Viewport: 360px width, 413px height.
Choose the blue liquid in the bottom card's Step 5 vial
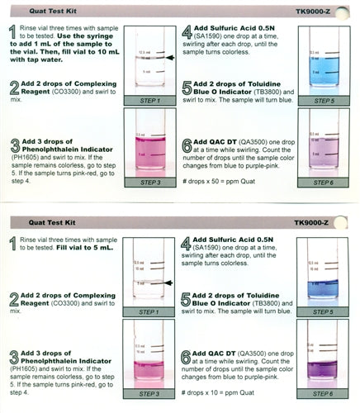click(324, 287)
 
